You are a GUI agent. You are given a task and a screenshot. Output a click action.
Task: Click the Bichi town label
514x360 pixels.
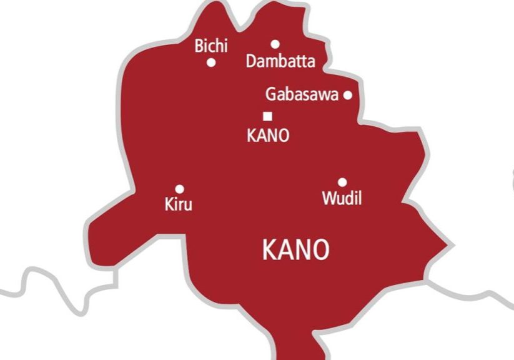click(211, 46)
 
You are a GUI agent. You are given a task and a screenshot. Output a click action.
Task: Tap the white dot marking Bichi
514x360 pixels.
click(211, 62)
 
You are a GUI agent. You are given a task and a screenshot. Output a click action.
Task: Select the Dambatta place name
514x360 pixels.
click(280, 61)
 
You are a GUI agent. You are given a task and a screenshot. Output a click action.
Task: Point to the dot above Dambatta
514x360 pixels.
click(275, 44)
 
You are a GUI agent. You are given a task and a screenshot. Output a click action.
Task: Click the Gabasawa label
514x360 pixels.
click(302, 95)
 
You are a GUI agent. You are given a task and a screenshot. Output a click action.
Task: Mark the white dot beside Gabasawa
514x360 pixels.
click(348, 95)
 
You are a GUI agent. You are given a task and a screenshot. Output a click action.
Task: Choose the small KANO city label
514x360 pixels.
click(268, 135)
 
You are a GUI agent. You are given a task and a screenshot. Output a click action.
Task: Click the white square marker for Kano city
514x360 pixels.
click(268, 116)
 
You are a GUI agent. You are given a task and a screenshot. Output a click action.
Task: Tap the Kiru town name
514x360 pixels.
click(179, 204)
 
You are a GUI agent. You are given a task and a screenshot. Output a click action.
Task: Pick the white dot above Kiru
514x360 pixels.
click(179, 189)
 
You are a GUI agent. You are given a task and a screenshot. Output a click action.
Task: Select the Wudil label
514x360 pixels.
click(342, 199)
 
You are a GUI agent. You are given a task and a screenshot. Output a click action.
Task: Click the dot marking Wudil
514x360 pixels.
click(342, 182)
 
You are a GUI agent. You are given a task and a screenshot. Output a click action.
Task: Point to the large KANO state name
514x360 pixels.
click(295, 251)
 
